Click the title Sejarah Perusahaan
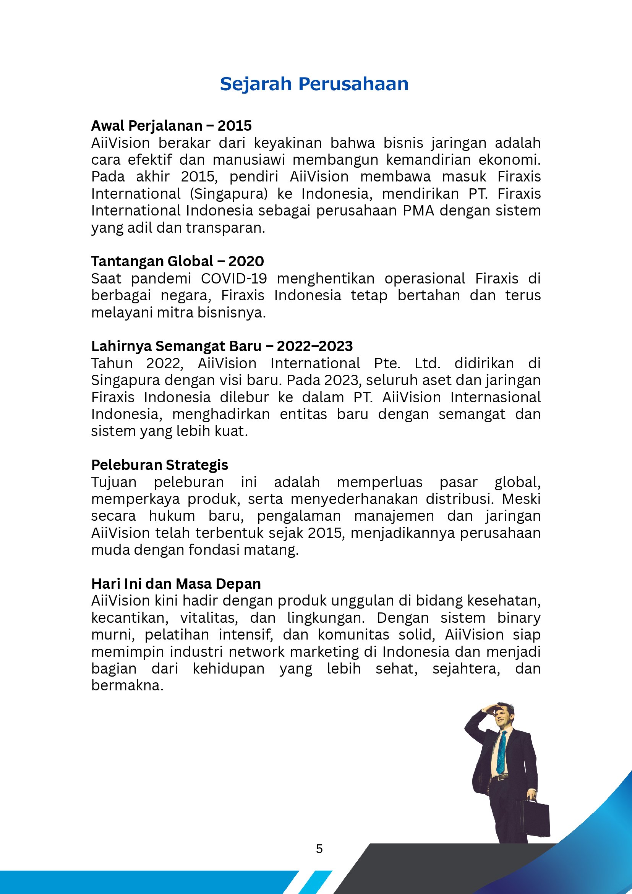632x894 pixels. point(314,84)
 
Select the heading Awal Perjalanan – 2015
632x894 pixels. point(171,126)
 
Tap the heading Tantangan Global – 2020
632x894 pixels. point(177,261)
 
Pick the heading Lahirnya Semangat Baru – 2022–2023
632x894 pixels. point(222,346)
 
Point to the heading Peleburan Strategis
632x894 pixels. point(160,465)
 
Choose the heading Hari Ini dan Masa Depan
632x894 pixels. point(176,584)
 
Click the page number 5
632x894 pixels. point(319,849)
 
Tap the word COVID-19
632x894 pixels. point(233,279)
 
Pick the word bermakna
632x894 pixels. point(127,685)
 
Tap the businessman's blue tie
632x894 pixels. point(501,751)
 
